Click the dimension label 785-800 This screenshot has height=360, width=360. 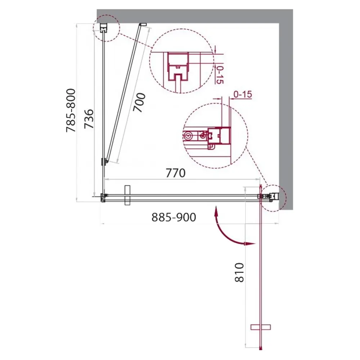(x=71, y=111)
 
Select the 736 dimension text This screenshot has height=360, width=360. (x=89, y=119)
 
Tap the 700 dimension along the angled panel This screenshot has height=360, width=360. (x=139, y=102)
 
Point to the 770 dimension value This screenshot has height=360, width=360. (x=175, y=173)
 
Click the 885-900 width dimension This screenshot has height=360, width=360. (x=174, y=217)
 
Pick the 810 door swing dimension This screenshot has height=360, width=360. (x=239, y=273)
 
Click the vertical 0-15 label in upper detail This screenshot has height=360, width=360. (x=220, y=75)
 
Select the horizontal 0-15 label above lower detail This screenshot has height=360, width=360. (x=243, y=94)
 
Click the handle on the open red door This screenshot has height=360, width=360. (x=261, y=327)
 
